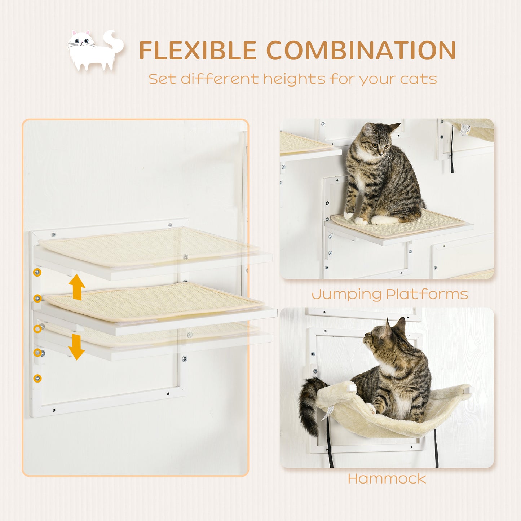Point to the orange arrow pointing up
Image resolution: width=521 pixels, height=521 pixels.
pyautogui.click(x=77, y=287)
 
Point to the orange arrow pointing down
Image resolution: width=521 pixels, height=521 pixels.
pyautogui.click(x=76, y=347)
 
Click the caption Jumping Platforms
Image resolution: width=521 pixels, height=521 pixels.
pyautogui.click(x=390, y=294)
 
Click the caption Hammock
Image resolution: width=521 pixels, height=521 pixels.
pyautogui.click(x=387, y=479)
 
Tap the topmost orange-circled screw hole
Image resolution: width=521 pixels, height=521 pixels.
pyautogui.click(x=37, y=272)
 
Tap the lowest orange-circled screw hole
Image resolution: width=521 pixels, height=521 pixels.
pyautogui.click(x=37, y=378)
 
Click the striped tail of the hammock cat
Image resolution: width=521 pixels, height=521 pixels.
pyautogui.click(x=309, y=404)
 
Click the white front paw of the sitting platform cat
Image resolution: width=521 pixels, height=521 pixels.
pyautogui.click(x=349, y=215)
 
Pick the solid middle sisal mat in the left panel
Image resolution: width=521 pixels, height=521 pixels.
pyautogui.click(x=151, y=301)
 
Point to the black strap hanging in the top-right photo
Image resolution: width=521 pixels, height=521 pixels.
pyautogui.click(x=452, y=151)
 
